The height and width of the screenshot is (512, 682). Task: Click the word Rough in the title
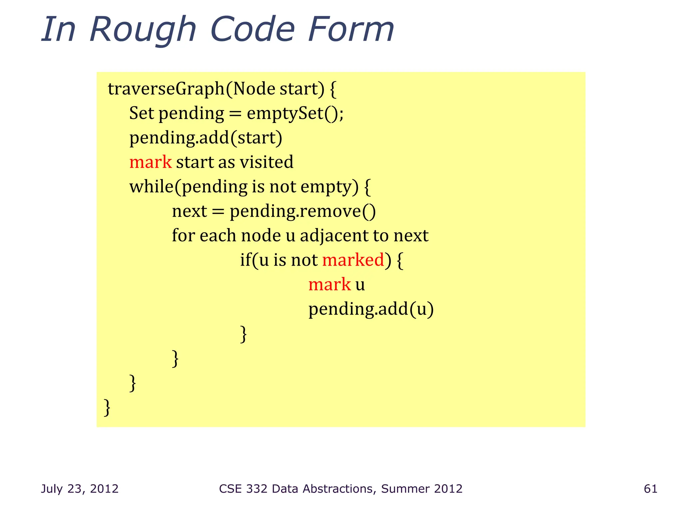[143, 30]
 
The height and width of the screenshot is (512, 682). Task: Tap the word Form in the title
[351, 30]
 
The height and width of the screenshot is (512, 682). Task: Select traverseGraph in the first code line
[166, 89]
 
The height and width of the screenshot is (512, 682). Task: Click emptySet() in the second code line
[295, 113]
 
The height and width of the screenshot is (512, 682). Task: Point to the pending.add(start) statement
[205, 138]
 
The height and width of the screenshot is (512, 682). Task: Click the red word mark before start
[151, 162]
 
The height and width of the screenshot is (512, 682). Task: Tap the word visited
[266, 162]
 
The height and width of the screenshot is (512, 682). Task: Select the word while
[151, 187]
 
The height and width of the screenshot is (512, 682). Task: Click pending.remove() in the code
[302, 211]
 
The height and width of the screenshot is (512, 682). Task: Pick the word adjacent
[334, 236]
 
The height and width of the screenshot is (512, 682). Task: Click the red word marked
[353, 260]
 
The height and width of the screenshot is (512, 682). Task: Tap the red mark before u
[329, 285]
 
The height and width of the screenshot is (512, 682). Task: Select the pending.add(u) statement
[371, 309]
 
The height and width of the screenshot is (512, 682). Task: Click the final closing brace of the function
[107, 407]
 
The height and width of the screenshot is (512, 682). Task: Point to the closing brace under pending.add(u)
[243, 334]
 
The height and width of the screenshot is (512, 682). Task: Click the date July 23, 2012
[80, 489]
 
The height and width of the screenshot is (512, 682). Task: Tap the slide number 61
[650, 489]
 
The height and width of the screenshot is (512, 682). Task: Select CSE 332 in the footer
[243, 489]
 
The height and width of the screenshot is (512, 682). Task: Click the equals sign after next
[218, 212]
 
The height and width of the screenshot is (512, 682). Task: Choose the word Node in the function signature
[254, 89]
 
